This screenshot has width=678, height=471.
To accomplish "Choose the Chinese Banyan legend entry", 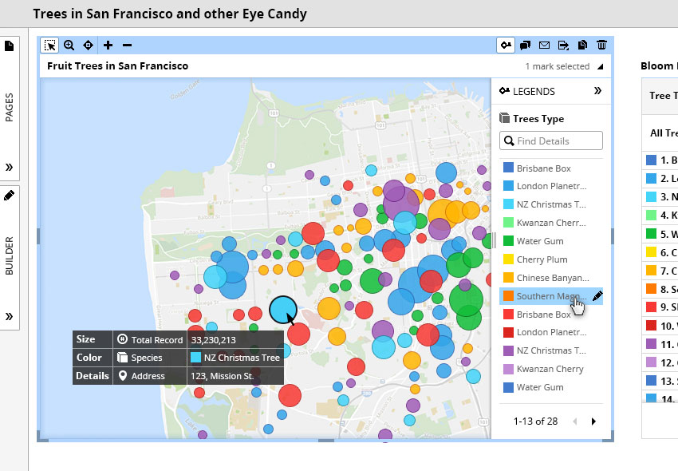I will [x=552, y=278].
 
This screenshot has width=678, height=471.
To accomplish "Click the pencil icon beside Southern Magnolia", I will [x=597, y=295].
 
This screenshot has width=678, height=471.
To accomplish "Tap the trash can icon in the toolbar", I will [x=601, y=46].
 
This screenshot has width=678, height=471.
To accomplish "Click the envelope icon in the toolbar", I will [x=544, y=46].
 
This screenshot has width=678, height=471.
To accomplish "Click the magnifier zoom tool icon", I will [x=69, y=46].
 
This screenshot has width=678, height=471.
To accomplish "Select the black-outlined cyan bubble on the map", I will [x=282, y=309].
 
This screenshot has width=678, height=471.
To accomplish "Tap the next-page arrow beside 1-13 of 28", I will [x=593, y=422].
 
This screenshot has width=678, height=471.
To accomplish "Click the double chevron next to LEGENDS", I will [x=597, y=91].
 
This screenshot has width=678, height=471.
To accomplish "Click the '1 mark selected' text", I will [x=557, y=66].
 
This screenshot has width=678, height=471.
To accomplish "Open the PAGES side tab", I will [x=10, y=107].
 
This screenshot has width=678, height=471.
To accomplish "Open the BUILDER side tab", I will [x=10, y=255].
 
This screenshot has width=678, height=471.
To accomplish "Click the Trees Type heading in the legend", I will [x=538, y=118].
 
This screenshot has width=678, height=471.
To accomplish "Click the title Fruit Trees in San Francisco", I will [x=117, y=66].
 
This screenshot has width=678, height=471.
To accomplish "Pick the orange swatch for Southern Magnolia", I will [x=508, y=296].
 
